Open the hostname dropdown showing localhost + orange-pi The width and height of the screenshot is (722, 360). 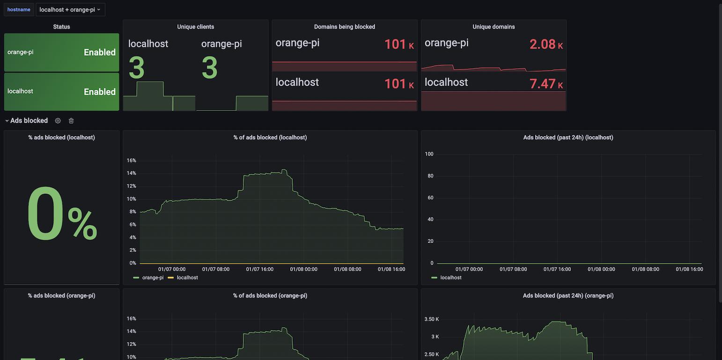(x=70, y=9)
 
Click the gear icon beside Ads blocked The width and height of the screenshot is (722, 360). (x=58, y=121)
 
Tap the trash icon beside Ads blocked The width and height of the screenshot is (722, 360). (x=71, y=121)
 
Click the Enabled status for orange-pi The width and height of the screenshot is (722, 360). (x=99, y=52)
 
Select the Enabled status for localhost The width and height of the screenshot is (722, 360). (x=99, y=92)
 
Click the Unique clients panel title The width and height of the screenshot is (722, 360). (x=195, y=27)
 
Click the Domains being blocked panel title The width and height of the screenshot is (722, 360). (x=344, y=27)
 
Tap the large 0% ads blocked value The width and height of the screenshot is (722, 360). (x=61, y=215)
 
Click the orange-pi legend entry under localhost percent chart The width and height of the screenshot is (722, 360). (x=152, y=278)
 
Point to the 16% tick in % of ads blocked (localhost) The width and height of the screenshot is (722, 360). (x=131, y=161)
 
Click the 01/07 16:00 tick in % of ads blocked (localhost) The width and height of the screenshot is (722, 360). (x=259, y=269)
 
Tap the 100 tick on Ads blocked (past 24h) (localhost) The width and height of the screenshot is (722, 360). (x=429, y=154)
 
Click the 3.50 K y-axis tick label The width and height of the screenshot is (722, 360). (x=431, y=319)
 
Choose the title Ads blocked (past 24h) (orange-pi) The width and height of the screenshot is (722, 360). (x=568, y=296)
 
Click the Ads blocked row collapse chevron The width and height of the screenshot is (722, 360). (x=7, y=121)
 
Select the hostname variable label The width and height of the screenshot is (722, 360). (x=19, y=9)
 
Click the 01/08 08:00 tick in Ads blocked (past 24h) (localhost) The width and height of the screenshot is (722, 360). (x=646, y=269)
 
